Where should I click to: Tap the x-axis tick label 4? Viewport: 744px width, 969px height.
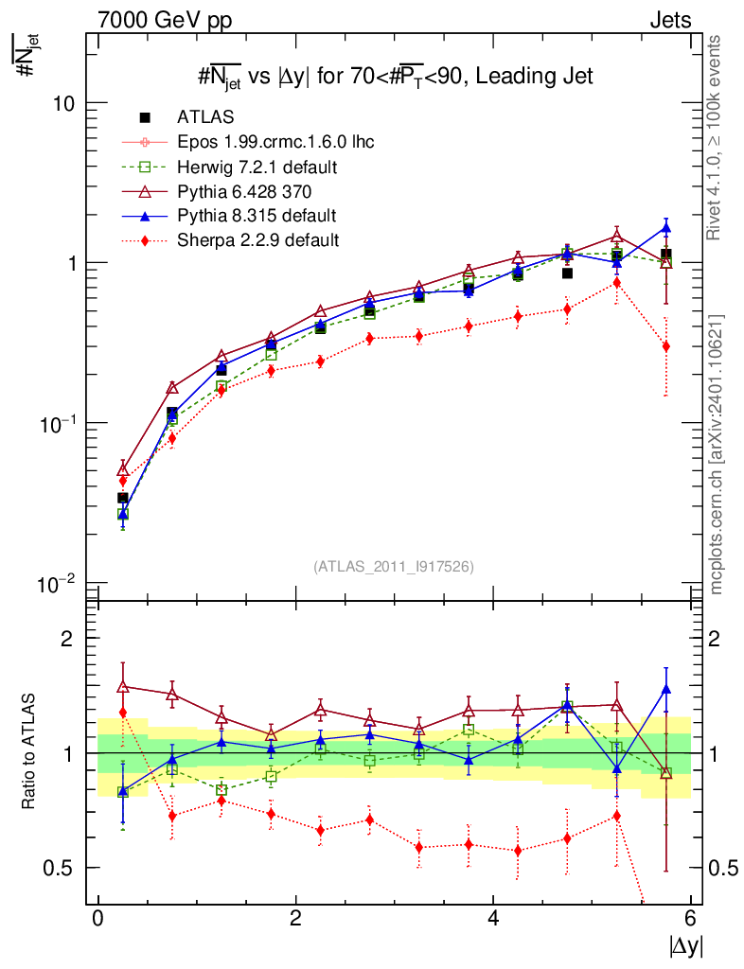pyautogui.click(x=493, y=919)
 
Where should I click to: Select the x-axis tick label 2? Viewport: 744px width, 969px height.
pyautogui.click(x=295, y=919)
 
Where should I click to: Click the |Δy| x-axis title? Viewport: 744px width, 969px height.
pyautogui.click(x=685, y=945)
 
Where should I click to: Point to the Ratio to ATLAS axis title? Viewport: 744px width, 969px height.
pyautogui.click(x=29, y=752)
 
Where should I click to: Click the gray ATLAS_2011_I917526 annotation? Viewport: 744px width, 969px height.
pyautogui.click(x=394, y=566)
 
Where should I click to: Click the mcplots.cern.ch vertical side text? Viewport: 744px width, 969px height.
pyautogui.click(x=717, y=454)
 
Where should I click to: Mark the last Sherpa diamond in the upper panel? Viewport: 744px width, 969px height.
pyautogui.click(x=666, y=346)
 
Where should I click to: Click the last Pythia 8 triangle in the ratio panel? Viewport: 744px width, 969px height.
pyautogui.click(x=666, y=689)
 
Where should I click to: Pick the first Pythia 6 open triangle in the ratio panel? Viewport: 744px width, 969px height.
pyautogui.click(x=123, y=686)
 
